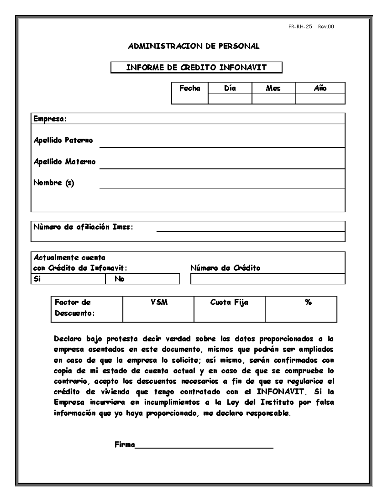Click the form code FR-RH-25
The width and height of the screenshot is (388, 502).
(x=300, y=27)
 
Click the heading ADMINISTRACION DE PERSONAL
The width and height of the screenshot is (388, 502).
(x=194, y=46)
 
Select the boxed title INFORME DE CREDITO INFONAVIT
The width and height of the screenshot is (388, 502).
(x=196, y=68)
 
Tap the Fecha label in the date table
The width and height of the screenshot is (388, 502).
(x=190, y=88)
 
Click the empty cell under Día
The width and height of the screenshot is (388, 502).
(x=230, y=99)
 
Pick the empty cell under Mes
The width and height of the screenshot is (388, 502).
(x=274, y=99)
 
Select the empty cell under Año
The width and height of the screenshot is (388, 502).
(x=320, y=99)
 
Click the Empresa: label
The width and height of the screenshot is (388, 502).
(x=50, y=119)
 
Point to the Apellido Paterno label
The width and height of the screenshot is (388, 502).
(x=63, y=140)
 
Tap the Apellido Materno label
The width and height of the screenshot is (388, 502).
(x=65, y=162)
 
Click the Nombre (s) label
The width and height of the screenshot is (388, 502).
(x=54, y=183)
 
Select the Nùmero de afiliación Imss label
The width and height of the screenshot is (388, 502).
(x=83, y=227)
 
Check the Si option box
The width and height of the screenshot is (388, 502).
(x=68, y=279)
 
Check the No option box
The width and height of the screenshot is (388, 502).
(x=142, y=279)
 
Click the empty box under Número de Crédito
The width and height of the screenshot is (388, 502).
(x=268, y=279)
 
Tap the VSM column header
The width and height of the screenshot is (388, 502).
(x=159, y=303)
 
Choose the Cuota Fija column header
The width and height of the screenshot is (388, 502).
(x=229, y=303)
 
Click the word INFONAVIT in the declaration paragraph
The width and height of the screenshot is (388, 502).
(x=280, y=392)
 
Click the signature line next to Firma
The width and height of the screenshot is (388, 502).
(x=204, y=447)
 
